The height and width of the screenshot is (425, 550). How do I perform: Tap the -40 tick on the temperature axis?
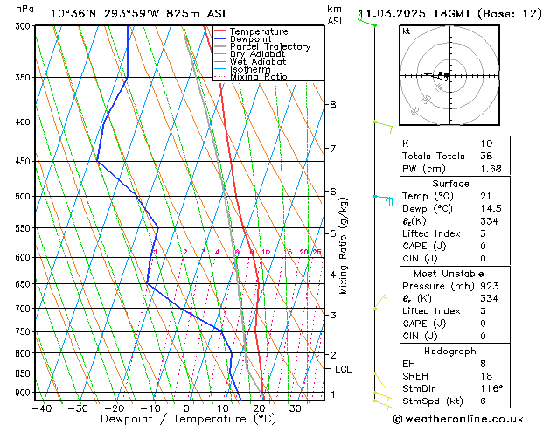coord(41,408)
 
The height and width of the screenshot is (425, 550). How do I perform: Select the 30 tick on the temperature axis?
coord(295,408)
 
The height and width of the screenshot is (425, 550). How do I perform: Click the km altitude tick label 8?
coord(332,105)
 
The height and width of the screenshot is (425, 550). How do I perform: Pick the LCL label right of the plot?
coord(344,369)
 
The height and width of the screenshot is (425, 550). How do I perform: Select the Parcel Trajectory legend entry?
coord(269,47)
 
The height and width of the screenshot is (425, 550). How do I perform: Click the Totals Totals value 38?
coord(486,157)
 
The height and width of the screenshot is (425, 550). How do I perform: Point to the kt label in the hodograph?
coord(406,31)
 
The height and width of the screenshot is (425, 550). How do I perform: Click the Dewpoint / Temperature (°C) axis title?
coord(166,419)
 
